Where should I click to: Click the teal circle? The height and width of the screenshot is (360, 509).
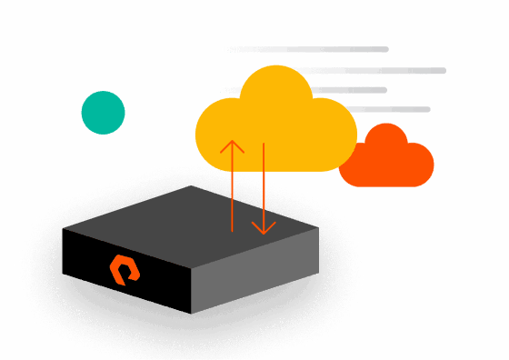[x=103, y=113]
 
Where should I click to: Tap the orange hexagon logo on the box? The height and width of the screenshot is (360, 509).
[x=125, y=269]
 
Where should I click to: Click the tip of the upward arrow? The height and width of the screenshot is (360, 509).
[x=232, y=141]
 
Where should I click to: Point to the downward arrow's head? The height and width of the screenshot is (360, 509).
[x=264, y=232]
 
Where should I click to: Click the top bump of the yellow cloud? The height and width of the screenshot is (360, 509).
[x=275, y=86]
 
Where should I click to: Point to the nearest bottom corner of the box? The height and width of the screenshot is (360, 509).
[x=191, y=314]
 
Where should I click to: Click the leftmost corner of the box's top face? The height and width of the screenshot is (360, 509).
[x=63, y=228]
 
